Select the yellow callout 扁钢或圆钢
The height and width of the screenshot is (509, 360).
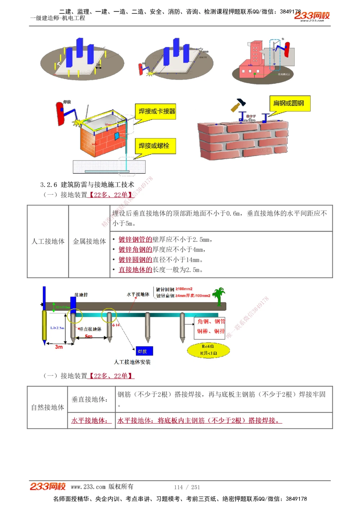point(289,104)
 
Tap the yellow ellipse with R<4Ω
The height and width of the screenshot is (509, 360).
point(208,350)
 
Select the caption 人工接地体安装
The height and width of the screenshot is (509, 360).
point(132,362)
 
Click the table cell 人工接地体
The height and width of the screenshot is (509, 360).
point(48,241)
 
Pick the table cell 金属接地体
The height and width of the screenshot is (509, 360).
point(89,241)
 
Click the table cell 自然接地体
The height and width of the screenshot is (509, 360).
point(48,407)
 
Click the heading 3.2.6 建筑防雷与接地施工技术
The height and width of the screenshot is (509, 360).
point(87,185)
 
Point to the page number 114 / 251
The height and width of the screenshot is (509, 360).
point(187,487)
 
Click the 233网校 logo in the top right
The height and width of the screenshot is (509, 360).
point(312,16)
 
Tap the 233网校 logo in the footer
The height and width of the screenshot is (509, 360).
point(48,487)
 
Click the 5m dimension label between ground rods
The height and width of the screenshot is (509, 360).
point(89,336)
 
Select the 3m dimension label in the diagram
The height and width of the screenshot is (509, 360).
point(59,347)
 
